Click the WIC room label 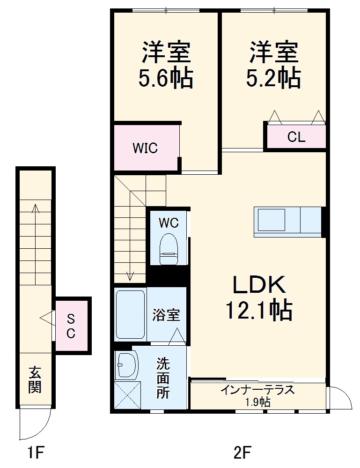click(x=145, y=148)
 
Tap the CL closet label click(x=296, y=137)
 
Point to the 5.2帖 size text click(x=273, y=79)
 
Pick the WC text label click(x=168, y=223)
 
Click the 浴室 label click(x=166, y=315)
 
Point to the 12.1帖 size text click(x=259, y=310)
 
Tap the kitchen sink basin click(x=270, y=220)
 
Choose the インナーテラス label click(x=258, y=390)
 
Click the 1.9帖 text click(x=258, y=402)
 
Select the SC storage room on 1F click(x=71, y=326)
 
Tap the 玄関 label click(x=35, y=379)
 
